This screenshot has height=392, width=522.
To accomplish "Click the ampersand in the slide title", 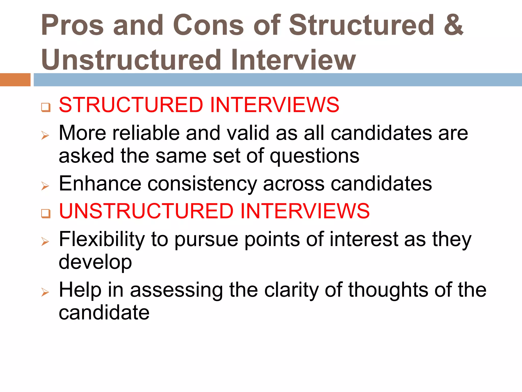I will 453,25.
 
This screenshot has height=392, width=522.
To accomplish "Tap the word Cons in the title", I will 208,25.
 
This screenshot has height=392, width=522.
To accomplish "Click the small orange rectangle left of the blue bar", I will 15,80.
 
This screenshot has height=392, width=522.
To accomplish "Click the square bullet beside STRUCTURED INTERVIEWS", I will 46,107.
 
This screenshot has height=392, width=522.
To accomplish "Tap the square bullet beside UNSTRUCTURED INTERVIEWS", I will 46,213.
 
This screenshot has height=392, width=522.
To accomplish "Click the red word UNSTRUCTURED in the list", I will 146,211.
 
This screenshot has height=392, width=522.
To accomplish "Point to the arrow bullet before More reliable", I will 45,135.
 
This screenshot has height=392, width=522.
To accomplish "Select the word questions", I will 315,156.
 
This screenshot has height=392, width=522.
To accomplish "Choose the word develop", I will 95,262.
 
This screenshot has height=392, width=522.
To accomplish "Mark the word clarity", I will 292,290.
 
